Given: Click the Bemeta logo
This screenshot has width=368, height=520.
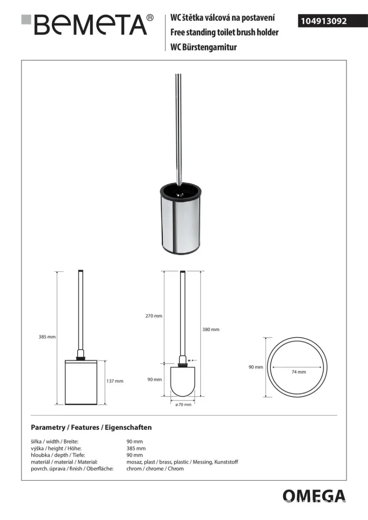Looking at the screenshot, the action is (87, 25).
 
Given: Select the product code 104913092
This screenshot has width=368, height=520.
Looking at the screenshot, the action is (324, 21).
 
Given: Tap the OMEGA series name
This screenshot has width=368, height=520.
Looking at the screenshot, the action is (314, 496).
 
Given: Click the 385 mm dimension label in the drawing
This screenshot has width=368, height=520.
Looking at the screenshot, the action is (47, 337).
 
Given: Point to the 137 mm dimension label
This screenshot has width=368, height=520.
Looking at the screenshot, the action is (115, 381).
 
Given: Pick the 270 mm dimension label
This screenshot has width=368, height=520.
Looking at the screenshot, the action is (154, 316).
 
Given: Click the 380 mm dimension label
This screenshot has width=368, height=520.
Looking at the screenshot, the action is (211, 329).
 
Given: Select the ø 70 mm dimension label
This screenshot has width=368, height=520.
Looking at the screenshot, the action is (184, 404).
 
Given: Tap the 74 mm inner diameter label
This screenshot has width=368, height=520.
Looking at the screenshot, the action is (299, 372).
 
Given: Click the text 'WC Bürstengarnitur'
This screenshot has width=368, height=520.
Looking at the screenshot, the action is (204, 47).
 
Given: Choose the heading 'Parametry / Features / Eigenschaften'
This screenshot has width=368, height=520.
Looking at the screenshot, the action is (91, 427).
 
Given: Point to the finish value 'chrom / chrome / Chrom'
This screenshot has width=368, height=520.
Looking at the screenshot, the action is (155, 468).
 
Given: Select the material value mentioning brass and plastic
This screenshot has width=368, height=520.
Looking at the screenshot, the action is (182, 462).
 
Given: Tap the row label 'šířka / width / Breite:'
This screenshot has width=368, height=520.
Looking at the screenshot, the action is (55, 442).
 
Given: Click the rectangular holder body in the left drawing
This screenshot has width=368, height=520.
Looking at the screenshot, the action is (81, 382).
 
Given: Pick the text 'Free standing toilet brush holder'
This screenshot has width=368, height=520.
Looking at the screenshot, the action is (224, 32).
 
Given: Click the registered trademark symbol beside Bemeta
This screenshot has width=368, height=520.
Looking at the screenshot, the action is (151, 18).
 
